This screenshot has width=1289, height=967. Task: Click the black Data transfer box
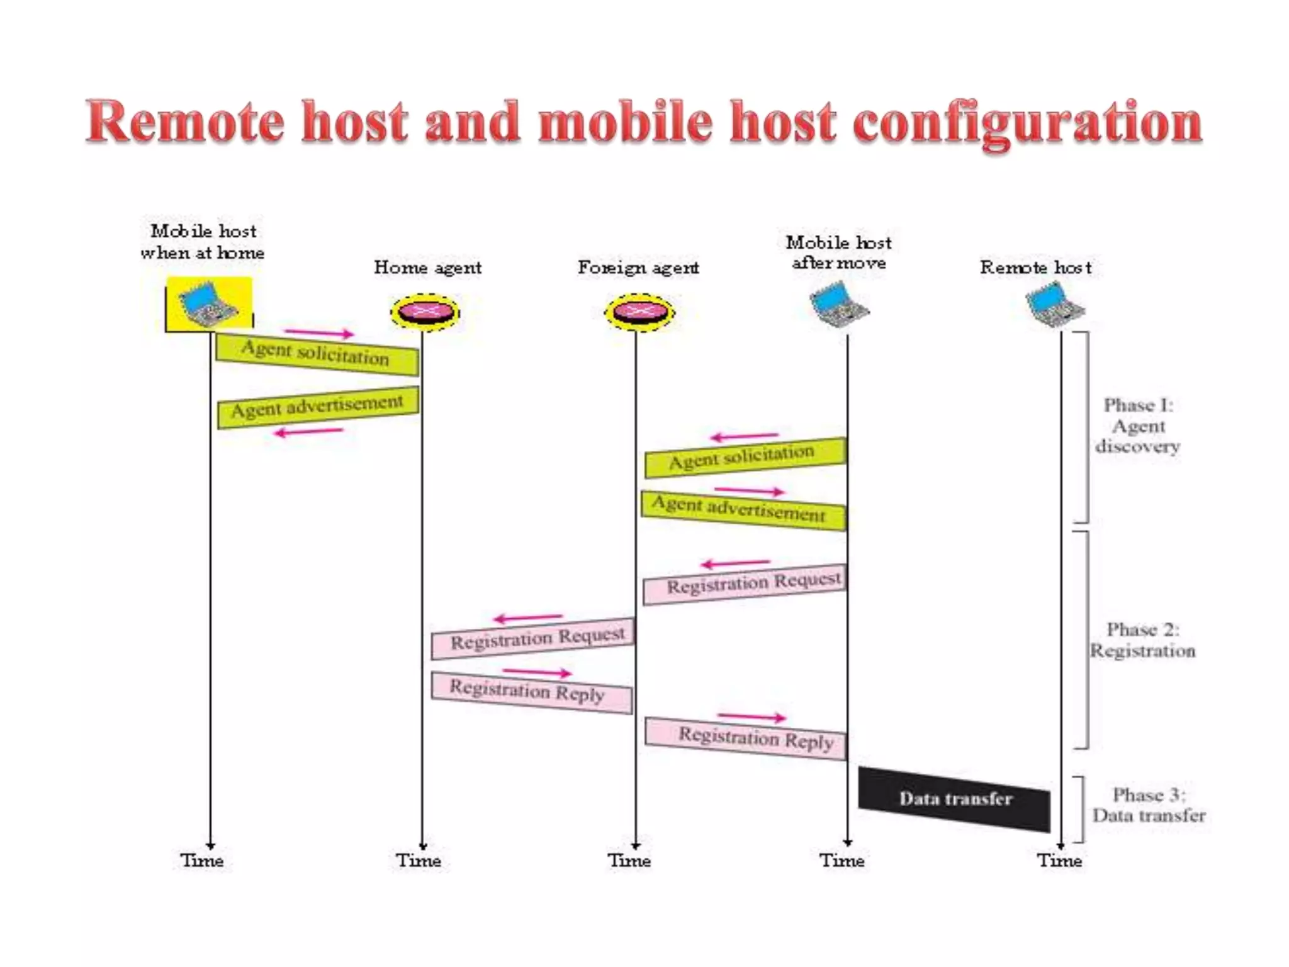point(954,798)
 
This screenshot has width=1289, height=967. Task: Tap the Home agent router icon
point(425,312)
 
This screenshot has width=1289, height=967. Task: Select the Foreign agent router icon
point(639,312)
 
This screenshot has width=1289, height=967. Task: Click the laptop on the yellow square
point(208,305)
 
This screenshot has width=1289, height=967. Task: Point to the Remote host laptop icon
point(1055,305)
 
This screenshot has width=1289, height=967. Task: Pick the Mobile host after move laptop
point(840,305)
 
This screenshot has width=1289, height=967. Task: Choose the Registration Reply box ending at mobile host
point(746,738)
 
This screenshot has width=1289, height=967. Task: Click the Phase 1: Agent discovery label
point(1138,426)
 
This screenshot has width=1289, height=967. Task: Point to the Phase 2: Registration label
point(1142,640)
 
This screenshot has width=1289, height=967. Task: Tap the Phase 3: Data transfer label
point(1149,805)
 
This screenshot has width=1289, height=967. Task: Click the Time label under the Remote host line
point(1060,861)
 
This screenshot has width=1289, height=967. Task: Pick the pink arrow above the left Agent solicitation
point(319,332)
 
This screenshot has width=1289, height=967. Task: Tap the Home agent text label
point(427,268)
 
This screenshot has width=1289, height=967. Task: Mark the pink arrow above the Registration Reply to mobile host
point(751,716)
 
